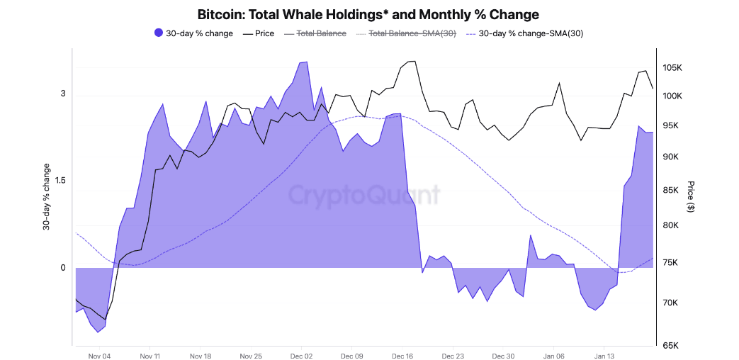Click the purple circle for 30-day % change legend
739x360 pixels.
coord(158,33)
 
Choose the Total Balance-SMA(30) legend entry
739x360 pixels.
coord(405,33)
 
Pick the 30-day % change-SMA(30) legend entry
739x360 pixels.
coord(524,33)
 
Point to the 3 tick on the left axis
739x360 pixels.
coord(62,94)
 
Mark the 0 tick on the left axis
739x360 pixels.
coord(62,268)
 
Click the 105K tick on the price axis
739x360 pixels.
coord(672,68)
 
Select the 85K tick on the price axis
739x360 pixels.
coord(670,190)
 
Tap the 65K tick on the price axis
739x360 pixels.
coord(670,346)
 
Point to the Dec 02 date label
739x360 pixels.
coord(301,356)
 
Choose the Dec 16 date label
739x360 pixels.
coord(402,356)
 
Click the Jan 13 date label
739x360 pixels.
coord(604,356)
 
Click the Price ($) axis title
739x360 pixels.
coord(690,196)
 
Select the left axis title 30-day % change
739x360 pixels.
coord(47,196)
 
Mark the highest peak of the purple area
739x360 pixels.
coord(305,62)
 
